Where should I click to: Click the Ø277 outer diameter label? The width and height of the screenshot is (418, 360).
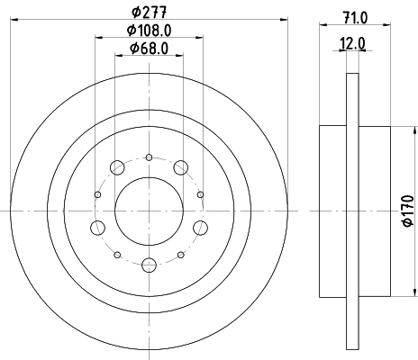149,13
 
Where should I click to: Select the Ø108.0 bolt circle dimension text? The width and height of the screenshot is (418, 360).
149,31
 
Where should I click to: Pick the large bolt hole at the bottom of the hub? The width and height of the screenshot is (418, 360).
149,265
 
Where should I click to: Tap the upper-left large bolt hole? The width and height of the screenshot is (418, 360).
116,166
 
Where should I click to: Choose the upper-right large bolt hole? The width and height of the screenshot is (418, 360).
181,166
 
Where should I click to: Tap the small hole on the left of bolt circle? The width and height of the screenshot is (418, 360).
95,193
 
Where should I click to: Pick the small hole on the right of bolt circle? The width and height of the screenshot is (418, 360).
202,193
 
